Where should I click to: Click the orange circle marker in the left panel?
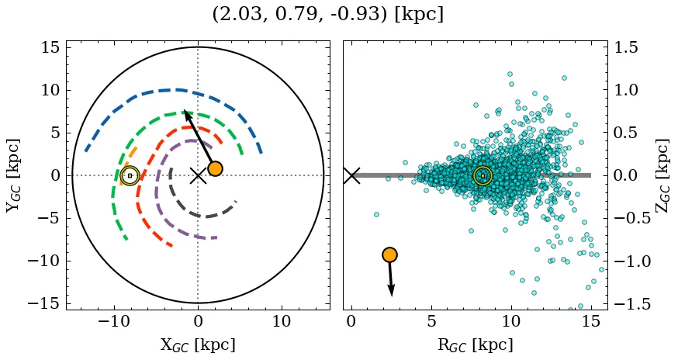(215, 168)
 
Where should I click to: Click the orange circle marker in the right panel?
(389, 254)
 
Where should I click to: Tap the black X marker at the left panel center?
(198, 175)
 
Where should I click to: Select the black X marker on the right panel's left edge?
(351, 175)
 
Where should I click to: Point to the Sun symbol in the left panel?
(130, 175)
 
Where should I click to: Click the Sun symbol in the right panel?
(483, 176)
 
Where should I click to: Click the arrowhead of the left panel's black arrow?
(186, 113)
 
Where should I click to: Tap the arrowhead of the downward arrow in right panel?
(392, 292)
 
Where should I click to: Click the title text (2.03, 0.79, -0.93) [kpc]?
(327, 15)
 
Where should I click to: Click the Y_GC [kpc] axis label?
(13, 175)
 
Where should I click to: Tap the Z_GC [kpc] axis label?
(664, 175)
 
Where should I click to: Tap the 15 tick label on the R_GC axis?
(591, 321)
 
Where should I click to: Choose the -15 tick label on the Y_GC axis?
(47, 303)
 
